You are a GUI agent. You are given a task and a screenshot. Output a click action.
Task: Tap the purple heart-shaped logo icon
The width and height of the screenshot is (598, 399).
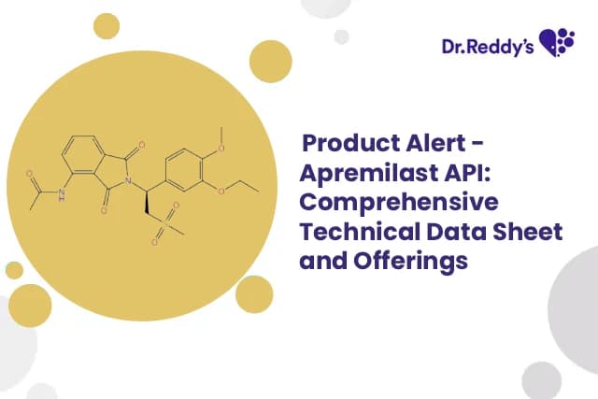558,41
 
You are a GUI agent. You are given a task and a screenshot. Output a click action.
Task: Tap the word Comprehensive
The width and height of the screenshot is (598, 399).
398,204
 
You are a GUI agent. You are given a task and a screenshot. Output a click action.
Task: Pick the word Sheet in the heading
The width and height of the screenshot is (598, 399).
527,233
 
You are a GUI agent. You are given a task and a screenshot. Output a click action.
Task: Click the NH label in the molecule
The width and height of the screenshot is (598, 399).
63,195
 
